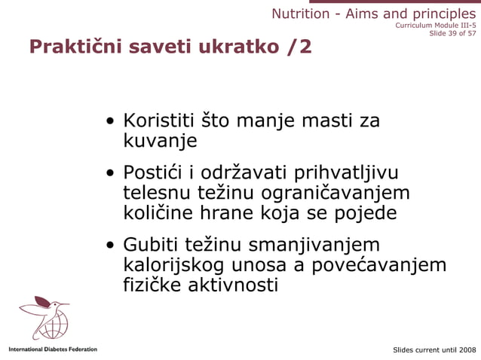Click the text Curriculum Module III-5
pos(435,25)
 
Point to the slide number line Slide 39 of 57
pos(452,33)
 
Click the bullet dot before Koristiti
pos(111,122)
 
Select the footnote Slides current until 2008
pos(434,350)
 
